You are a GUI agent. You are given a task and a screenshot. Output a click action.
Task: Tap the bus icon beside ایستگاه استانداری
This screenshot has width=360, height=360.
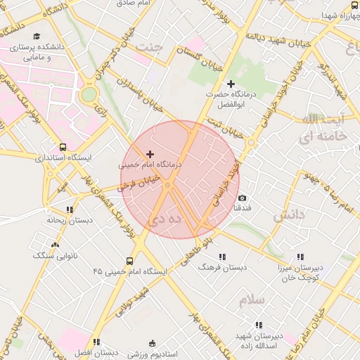(x=63, y=148)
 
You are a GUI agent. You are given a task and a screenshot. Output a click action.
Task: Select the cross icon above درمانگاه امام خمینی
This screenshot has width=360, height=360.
(x=150, y=153)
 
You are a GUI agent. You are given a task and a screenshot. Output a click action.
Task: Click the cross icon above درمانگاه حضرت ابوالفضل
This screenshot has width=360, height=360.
(x=230, y=84)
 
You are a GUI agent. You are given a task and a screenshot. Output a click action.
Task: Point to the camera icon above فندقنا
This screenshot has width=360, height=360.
(x=242, y=198)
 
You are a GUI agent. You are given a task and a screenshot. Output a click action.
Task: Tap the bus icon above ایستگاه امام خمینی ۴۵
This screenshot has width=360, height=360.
(x=131, y=259)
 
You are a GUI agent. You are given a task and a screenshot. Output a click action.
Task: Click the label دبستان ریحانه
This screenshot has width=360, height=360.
(x=70, y=220)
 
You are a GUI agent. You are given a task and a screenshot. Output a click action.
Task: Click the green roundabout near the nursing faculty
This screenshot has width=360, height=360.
(x=89, y=94)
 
